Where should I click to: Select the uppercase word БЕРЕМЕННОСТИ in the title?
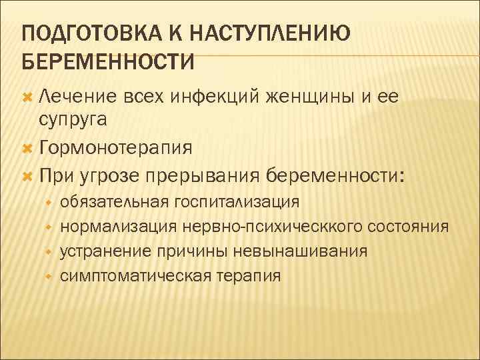click(108, 61)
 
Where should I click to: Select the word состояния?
click(408, 226)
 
